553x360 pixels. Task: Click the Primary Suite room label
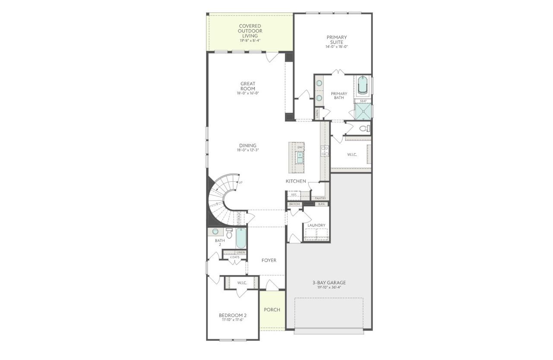pyautogui.click(x=336, y=40)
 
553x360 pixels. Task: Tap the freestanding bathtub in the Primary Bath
pyautogui.click(x=362, y=85)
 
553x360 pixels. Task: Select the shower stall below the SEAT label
pyautogui.click(x=362, y=111)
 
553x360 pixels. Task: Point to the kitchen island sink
pyautogui.click(x=300, y=157)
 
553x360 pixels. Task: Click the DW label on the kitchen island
pyautogui.click(x=300, y=147)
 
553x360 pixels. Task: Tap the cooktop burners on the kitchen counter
pyautogui.click(x=324, y=151)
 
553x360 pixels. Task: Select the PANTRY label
pyautogui.click(x=320, y=198)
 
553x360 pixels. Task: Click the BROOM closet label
pyautogui.click(x=295, y=204)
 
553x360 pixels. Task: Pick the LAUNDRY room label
pyautogui.click(x=316, y=225)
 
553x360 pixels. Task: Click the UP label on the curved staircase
pyautogui.click(x=240, y=183)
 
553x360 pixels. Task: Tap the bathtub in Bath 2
pyautogui.click(x=241, y=238)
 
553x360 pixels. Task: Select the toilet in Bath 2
pyautogui.click(x=229, y=234)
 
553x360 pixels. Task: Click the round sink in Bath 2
pyautogui.click(x=215, y=231)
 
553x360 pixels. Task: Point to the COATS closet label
pyautogui.click(x=235, y=257)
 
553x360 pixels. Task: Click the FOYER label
pyautogui.click(x=269, y=260)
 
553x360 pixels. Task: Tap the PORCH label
pyautogui.click(x=272, y=309)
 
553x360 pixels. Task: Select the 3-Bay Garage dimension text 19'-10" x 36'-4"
pyautogui.click(x=329, y=287)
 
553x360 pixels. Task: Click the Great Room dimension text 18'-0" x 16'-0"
pyautogui.click(x=248, y=93)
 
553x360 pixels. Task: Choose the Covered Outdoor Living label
pyautogui.click(x=250, y=31)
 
